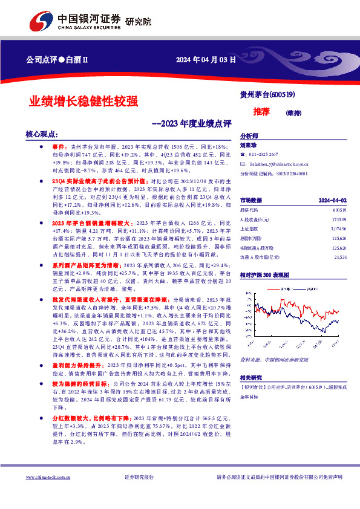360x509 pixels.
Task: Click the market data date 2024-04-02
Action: click(x=332, y=200)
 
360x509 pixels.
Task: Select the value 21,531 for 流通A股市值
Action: click(x=340, y=258)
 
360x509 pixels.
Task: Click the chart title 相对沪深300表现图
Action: click(x=267, y=273)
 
